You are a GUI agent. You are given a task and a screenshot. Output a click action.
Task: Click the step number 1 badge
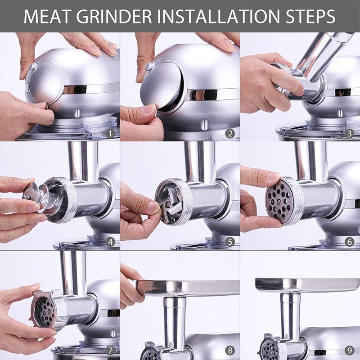[x=110, y=133]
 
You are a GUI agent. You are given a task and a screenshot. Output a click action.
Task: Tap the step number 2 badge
[x=230, y=133]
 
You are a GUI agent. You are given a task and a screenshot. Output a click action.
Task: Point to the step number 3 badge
[x=350, y=133]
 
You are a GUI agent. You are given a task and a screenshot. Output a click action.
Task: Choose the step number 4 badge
[x=110, y=242]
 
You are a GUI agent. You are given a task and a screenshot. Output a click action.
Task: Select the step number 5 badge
[x=230, y=242]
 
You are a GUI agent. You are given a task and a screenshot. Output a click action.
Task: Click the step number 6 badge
[x=350, y=242]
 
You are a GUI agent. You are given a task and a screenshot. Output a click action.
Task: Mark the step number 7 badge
[x=110, y=350]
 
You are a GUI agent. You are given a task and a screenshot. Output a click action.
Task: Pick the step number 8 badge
[x=230, y=350]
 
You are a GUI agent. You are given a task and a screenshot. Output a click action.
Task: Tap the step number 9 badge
[x=350, y=350]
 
